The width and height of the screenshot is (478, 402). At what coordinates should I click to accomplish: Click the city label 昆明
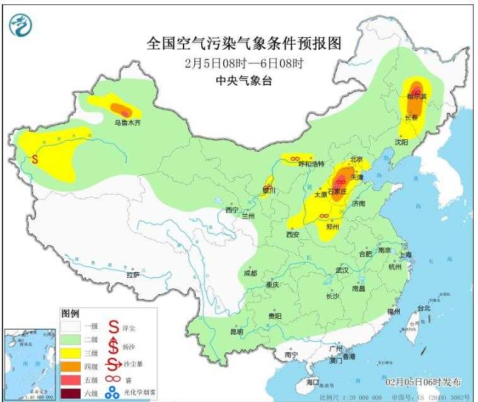236,331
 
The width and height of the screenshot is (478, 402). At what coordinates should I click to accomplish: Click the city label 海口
313,382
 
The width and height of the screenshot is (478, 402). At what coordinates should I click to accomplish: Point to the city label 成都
250,273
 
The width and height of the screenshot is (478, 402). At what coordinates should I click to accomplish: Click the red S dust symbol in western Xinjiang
35,159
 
